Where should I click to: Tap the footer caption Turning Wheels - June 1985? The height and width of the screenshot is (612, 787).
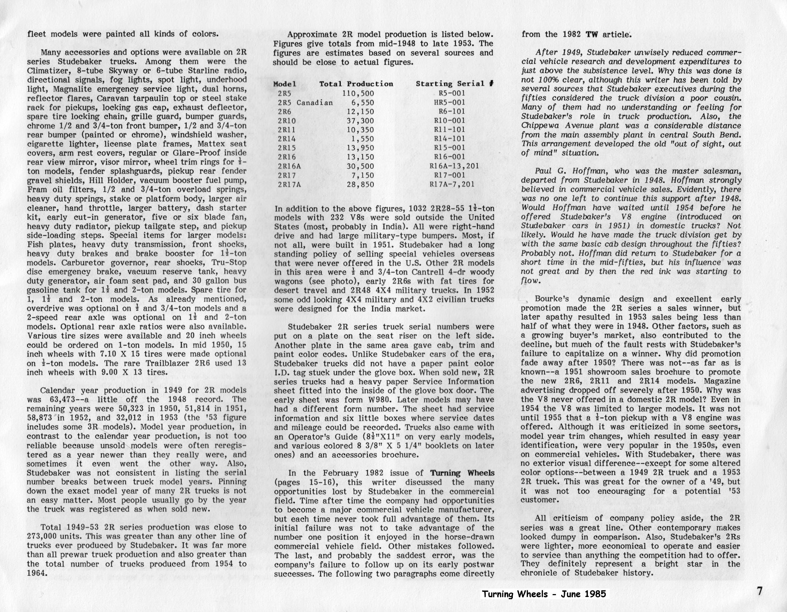click(544, 594)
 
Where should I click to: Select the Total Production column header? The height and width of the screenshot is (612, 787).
click(356, 84)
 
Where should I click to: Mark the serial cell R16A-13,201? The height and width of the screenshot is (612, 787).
click(454, 166)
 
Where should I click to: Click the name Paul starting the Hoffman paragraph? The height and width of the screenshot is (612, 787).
click(543, 171)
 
